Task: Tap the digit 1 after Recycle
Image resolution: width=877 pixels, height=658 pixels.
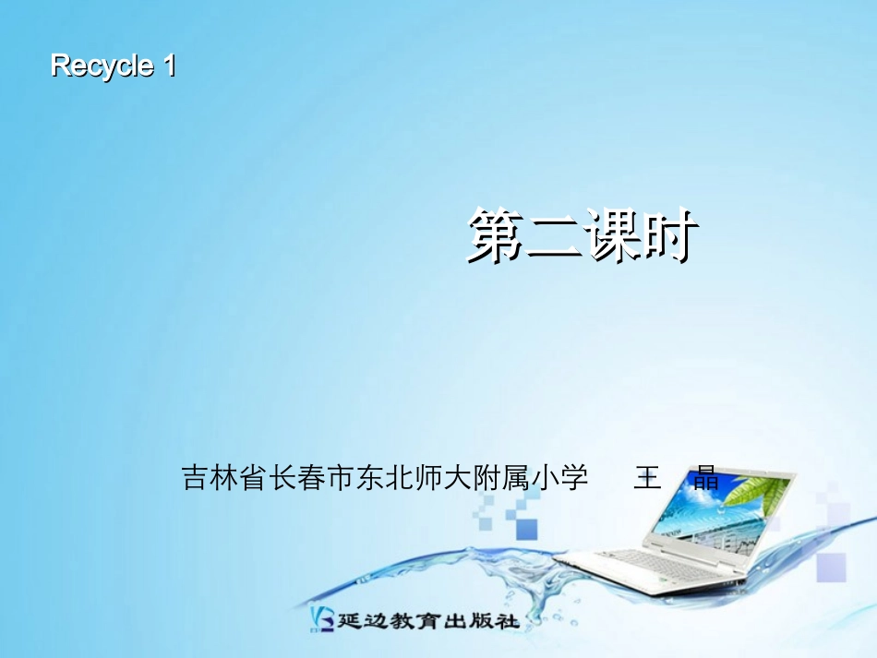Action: [x=168, y=66]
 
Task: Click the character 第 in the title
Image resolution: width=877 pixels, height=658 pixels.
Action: [x=495, y=236]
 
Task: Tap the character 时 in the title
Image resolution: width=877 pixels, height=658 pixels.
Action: [x=667, y=236]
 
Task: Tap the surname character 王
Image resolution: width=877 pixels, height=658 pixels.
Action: [x=647, y=478]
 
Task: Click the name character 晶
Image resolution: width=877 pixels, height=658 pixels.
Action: [x=706, y=478]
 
